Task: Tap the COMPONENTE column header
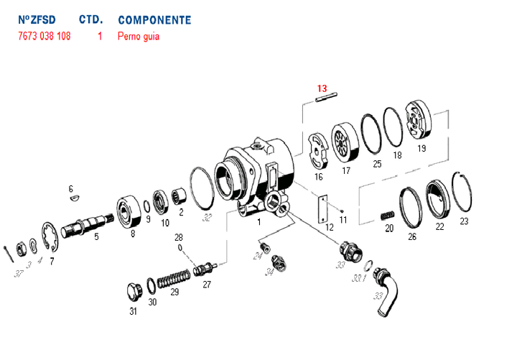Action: coord(154,19)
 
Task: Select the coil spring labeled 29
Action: coord(173,277)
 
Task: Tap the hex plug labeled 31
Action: coord(133,292)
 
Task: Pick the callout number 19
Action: coord(421,148)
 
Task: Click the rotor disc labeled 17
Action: coord(345,144)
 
